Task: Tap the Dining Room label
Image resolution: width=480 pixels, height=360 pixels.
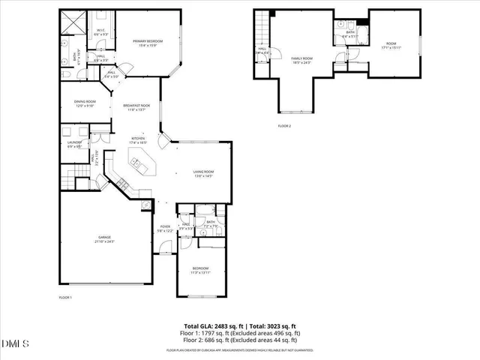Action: [x=85, y=103]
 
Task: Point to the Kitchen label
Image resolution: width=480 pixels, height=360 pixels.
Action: [x=139, y=139]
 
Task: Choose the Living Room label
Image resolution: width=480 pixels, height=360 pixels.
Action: [x=203, y=174]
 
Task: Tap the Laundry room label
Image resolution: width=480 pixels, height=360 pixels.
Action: [x=74, y=145]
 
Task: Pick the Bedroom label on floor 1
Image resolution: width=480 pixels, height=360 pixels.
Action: [x=200, y=269]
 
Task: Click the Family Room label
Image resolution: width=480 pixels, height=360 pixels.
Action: [x=301, y=60]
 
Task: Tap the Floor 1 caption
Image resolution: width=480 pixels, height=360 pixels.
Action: [x=65, y=298]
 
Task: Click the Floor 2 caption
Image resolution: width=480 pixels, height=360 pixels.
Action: [x=284, y=125]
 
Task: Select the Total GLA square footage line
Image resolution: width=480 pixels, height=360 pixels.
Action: [x=242, y=325]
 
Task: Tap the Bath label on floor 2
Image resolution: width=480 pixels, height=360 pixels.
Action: [x=349, y=34]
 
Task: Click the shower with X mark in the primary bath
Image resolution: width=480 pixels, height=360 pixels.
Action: [x=71, y=24]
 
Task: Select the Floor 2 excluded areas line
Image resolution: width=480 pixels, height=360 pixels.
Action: [x=242, y=340]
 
